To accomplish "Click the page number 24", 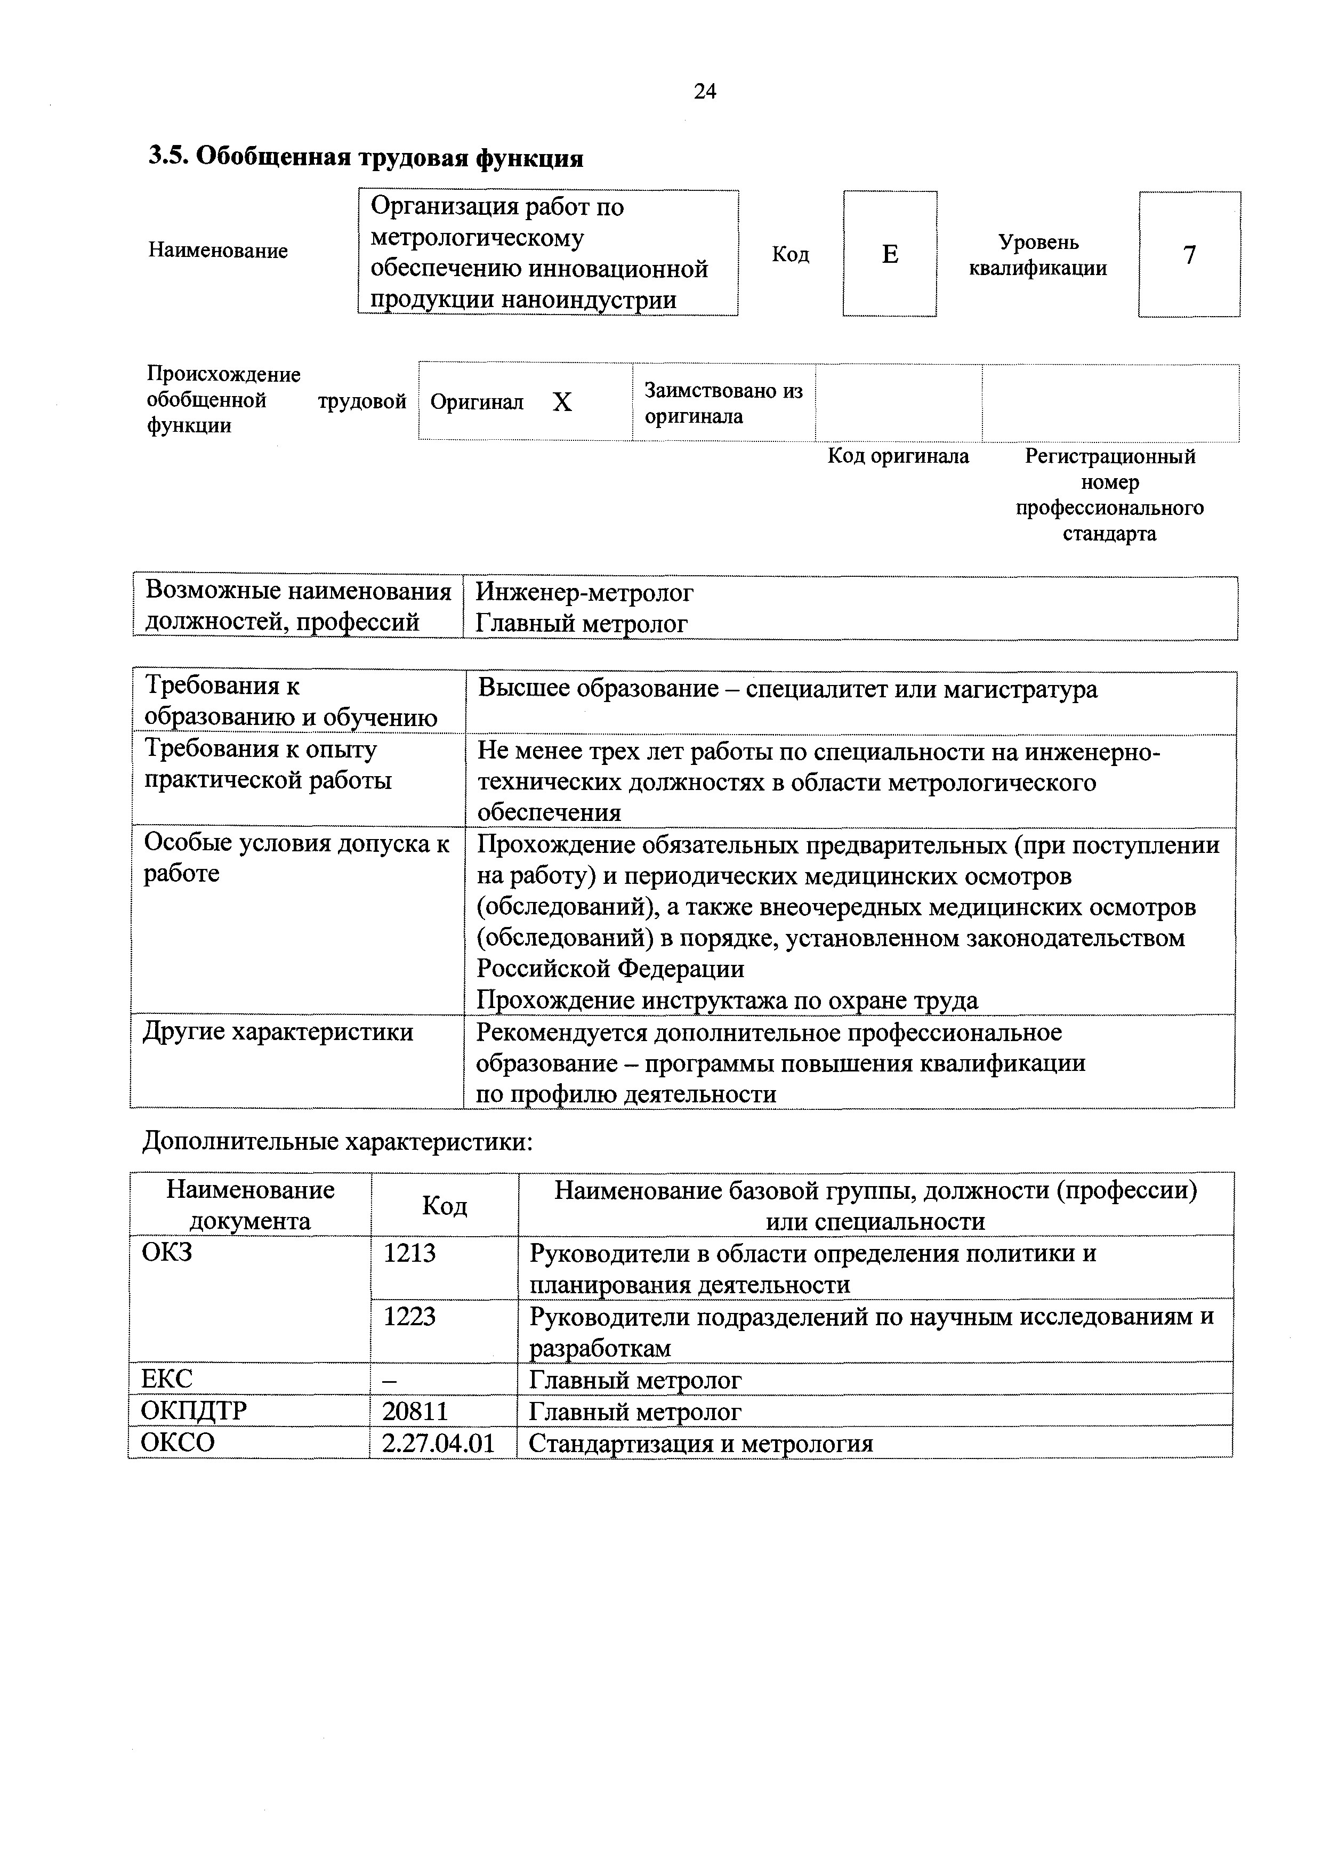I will (705, 91).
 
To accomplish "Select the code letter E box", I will (890, 254).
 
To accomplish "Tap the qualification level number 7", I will (1189, 255).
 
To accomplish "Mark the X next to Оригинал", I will (562, 402).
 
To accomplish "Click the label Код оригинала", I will (898, 456).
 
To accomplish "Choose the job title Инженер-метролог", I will (584, 592).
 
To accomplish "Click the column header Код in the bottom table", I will (444, 1205).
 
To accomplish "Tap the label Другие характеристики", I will (278, 1033).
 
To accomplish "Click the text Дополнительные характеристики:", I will (337, 1142).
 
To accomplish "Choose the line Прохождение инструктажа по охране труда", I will (727, 1000).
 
